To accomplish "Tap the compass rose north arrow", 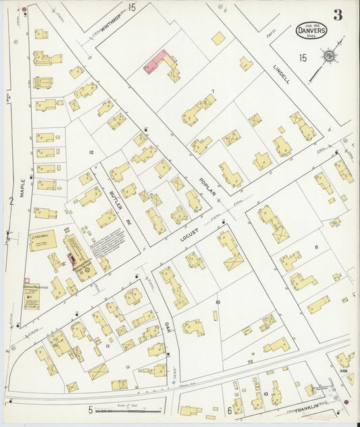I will point(329,56).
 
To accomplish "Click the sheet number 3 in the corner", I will point(337,14).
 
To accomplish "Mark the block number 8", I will point(315,249).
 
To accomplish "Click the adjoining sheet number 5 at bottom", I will point(89,409).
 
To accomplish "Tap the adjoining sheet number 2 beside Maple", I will point(11,201).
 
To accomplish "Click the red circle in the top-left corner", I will point(24,9).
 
